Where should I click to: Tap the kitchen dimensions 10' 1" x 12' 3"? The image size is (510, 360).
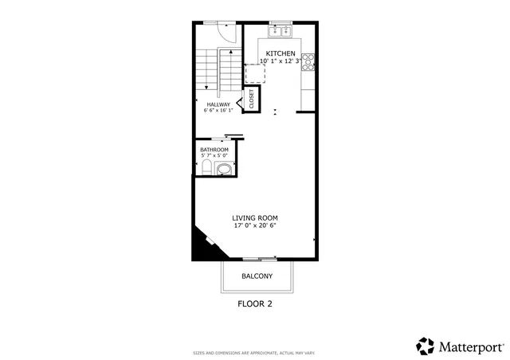pos(280,61)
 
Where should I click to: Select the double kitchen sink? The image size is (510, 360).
pos(280,32)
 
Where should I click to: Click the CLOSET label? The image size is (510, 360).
pos(252,99)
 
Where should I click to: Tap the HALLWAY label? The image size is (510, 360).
pos(218,104)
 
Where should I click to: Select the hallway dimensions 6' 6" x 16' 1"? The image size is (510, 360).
pos(218,112)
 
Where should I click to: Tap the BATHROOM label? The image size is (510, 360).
pos(214,150)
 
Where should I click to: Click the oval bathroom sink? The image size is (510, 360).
pos(225,168)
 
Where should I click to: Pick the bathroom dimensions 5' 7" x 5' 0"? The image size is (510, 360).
pos(214,156)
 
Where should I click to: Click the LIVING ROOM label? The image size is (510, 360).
pos(255,217)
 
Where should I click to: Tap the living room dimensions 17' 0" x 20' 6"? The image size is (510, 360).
pos(255,225)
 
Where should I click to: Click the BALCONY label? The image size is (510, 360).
pos(257,276)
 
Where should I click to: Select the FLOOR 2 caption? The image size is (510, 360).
pos(257,303)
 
